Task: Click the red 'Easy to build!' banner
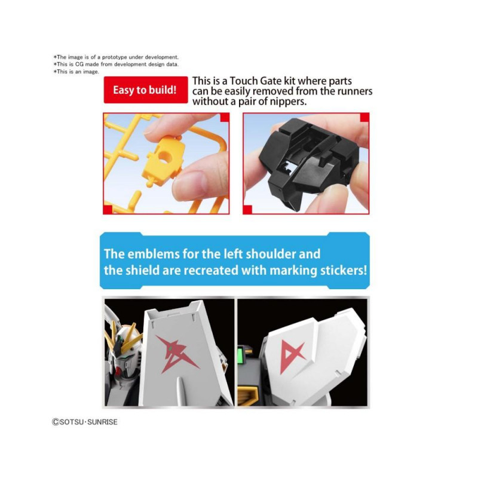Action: pos(146,90)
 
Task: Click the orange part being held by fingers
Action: pos(163,160)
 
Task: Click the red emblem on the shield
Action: pos(177,354)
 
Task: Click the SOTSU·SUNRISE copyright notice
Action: pos(85,422)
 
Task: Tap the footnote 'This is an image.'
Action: pos(76,72)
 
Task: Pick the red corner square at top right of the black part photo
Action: pos(364,117)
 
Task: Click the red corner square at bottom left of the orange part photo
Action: pos(108,210)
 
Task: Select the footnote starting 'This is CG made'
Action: pos(116,65)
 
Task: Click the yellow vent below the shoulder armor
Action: pos(249,396)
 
